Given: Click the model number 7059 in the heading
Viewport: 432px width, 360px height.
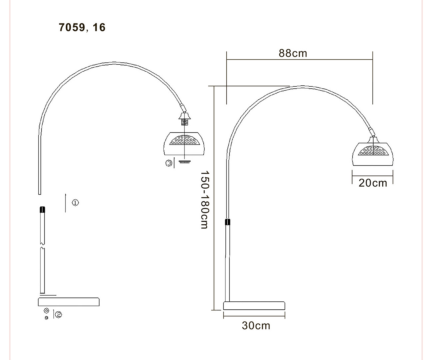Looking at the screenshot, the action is coord(72,27).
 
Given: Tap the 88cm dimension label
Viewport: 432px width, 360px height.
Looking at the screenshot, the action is coord(293,53).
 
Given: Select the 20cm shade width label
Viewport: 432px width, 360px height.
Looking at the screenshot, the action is coord(373,183).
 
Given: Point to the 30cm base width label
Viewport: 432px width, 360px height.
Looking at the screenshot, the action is coord(256,326).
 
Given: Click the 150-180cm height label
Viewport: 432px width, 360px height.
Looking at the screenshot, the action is coord(205,200).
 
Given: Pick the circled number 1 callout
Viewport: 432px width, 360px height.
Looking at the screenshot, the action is coord(75,203).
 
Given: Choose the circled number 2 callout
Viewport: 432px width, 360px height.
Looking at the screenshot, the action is coord(59,315).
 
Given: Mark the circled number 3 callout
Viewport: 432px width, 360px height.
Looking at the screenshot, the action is coord(169,163).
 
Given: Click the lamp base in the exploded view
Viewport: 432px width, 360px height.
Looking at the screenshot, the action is coord(69,302).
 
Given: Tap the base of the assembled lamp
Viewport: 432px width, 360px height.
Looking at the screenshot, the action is coord(254,306).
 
